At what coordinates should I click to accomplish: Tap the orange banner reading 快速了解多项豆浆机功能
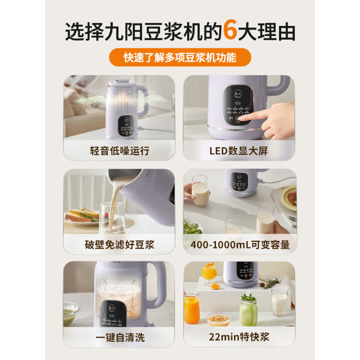click(x=180, y=58)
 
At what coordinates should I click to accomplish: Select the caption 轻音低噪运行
click(x=119, y=151)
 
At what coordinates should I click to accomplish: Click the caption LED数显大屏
click(x=238, y=151)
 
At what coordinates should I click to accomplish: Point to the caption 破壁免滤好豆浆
click(x=119, y=245)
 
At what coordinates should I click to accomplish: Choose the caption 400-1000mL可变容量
click(x=238, y=245)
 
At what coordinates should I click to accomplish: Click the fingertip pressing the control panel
click(x=248, y=118)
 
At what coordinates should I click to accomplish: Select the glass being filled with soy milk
click(x=112, y=218)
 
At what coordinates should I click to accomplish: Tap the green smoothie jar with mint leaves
click(x=248, y=310)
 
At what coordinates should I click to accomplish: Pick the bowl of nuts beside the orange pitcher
click(x=218, y=319)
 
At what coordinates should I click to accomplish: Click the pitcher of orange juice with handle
click(x=192, y=308)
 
